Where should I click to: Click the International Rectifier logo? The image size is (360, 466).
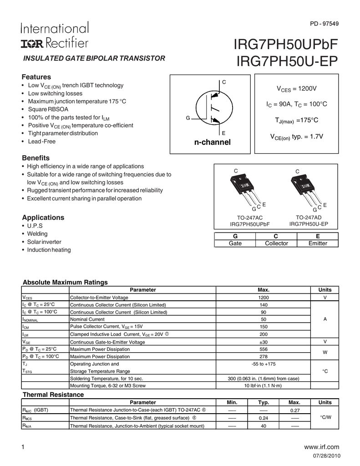tap(55, 35)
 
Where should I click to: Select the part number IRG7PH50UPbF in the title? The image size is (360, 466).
tap(286, 46)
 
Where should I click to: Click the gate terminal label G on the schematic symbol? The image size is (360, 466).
tap(188, 118)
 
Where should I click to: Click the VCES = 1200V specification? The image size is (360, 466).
tap(297, 88)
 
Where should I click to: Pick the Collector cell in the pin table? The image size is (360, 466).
tap(276, 243)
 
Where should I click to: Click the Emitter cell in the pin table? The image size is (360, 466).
tap(318, 243)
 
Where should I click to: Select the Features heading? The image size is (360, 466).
tap(36, 77)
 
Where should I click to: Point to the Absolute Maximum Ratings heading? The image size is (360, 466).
tap(65, 282)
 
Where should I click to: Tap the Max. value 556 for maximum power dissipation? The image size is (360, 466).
tap(263, 349)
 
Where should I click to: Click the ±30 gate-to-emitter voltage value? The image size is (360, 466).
tap(263, 342)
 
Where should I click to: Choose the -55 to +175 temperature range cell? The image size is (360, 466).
tap(263, 364)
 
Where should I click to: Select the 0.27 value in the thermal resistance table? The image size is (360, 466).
tap(294, 410)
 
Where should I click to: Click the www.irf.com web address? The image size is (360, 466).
tap(324, 447)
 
